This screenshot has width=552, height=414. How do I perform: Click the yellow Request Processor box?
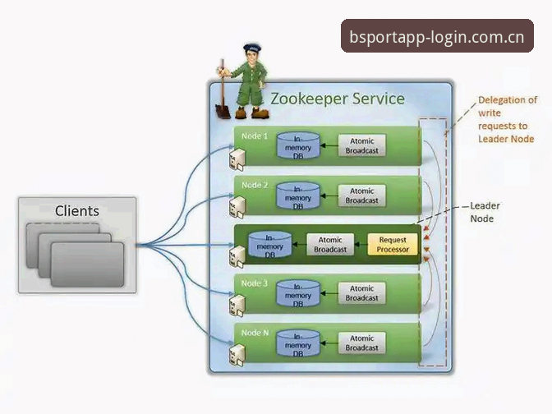[x=393, y=244]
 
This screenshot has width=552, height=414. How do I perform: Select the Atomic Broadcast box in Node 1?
[x=362, y=145]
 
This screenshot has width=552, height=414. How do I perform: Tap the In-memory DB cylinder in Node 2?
[x=298, y=195]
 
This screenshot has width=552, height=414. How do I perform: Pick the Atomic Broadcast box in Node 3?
[x=362, y=293]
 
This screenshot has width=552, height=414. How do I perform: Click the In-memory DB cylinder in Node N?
[x=298, y=343]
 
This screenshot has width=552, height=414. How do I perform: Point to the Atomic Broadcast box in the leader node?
[x=330, y=244]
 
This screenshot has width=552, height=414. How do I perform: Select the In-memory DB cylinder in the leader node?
[x=270, y=245]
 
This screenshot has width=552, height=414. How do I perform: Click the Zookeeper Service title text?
[x=338, y=99]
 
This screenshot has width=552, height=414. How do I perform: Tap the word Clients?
[x=77, y=211]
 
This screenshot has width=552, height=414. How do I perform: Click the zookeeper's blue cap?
[x=252, y=47]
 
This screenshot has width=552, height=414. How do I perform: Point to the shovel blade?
[x=223, y=111]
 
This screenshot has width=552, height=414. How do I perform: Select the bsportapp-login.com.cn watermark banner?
[x=437, y=36]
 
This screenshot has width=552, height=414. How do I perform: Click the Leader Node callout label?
[x=485, y=212]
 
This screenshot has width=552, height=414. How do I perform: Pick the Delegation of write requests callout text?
[x=508, y=119]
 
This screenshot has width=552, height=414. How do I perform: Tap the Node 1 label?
[x=255, y=136]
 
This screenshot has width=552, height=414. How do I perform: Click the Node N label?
[x=255, y=333]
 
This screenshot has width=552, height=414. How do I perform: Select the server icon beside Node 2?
[x=237, y=207]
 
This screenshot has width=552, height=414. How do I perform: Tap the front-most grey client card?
[x=87, y=264]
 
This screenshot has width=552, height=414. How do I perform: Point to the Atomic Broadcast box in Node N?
[x=362, y=343]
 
